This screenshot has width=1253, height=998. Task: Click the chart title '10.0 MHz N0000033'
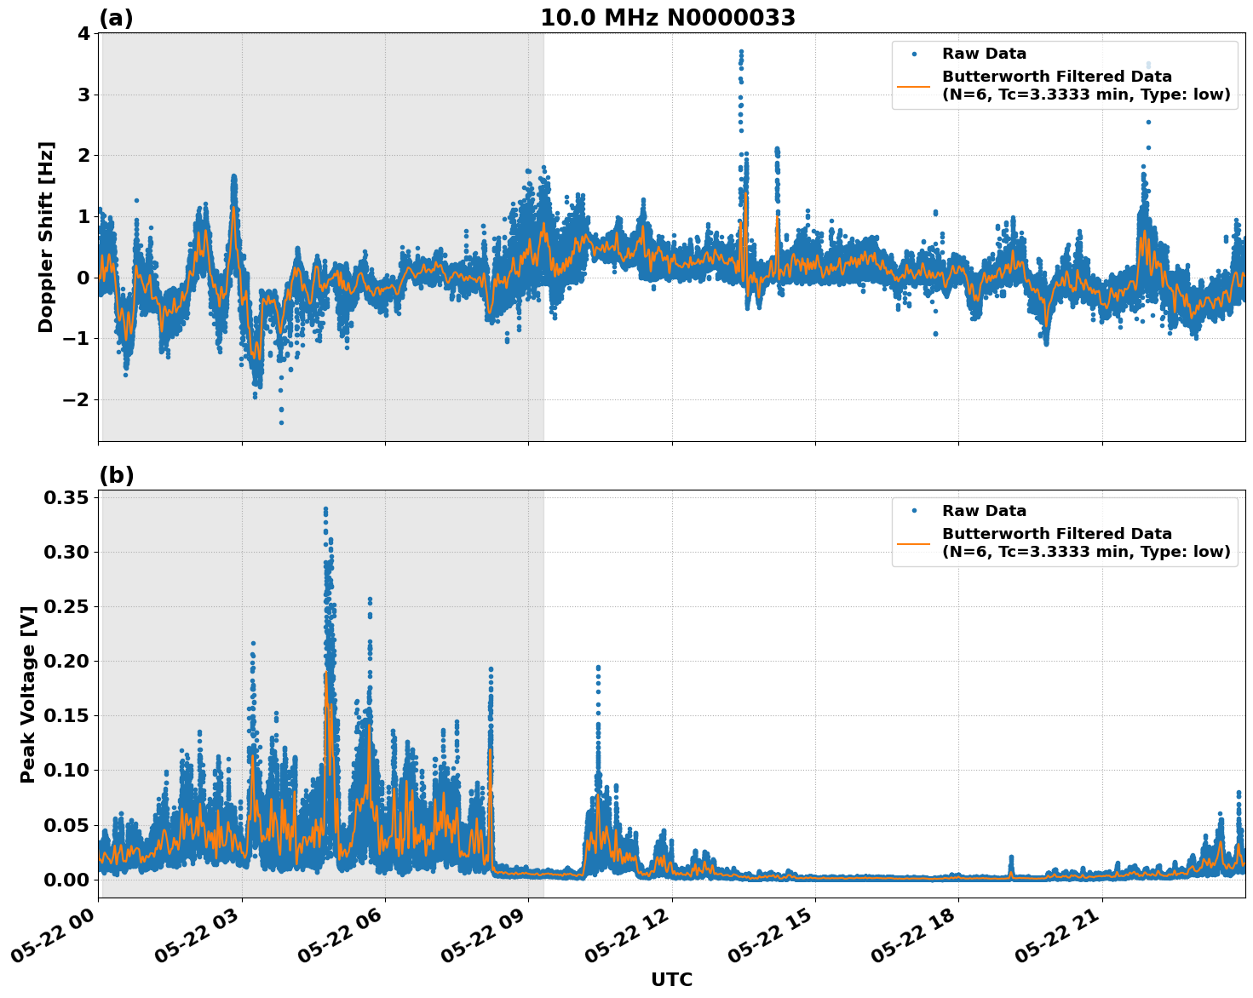(x=667, y=18)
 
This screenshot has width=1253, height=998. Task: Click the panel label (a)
(x=116, y=18)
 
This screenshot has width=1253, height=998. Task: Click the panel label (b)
(x=116, y=475)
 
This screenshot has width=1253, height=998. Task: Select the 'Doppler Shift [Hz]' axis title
(x=46, y=237)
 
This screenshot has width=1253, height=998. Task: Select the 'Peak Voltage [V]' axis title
(x=28, y=694)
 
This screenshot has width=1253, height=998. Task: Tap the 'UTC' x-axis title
(x=671, y=979)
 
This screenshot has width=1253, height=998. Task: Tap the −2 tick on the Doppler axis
(x=77, y=400)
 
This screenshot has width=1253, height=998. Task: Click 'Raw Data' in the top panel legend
(x=984, y=54)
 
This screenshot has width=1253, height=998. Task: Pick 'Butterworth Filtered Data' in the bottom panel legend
(x=1056, y=534)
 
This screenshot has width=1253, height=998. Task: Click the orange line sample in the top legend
(x=913, y=85)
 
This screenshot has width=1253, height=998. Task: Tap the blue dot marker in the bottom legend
(x=913, y=511)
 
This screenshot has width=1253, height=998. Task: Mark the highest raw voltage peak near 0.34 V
(x=325, y=509)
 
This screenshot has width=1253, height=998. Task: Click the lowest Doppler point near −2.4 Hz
(x=281, y=422)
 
